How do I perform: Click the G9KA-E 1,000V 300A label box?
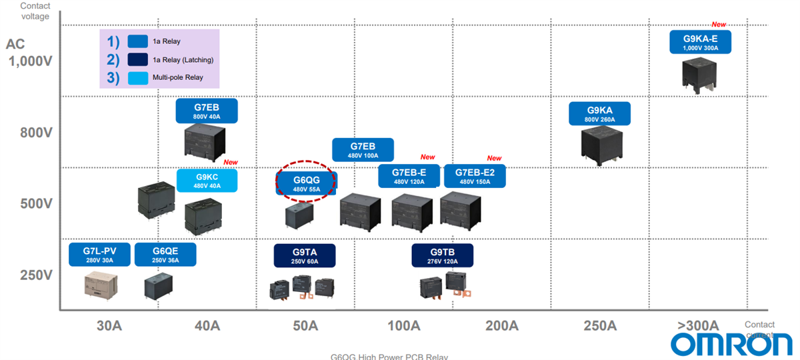(x=701, y=42)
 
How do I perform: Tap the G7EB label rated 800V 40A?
(x=207, y=111)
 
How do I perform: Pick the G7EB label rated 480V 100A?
(x=363, y=150)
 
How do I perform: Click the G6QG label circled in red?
(x=307, y=183)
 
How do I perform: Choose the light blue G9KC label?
(x=207, y=181)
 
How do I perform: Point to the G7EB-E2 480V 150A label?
(x=474, y=176)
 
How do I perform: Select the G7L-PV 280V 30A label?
(x=100, y=255)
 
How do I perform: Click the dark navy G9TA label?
(x=305, y=255)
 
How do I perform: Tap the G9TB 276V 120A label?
(x=442, y=255)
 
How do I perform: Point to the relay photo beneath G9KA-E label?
(x=699, y=74)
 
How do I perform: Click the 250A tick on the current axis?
(x=600, y=326)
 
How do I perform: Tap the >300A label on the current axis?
(x=698, y=326)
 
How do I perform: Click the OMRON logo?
(x=731, y=343)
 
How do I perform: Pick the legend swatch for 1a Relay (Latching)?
(x=137, y=59)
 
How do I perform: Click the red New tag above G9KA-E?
(x=719, y=25)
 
